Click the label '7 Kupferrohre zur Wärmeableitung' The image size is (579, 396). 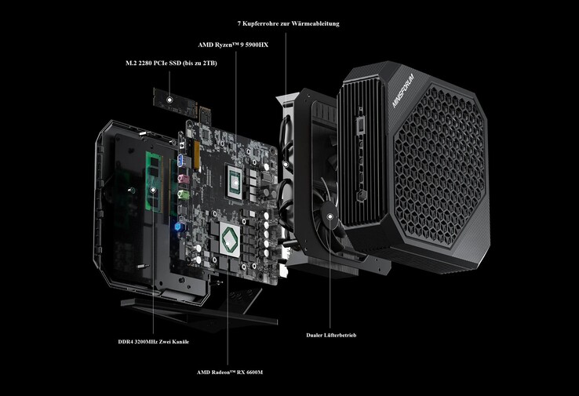[x=288, y=24]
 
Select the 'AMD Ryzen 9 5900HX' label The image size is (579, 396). [x=233, y=45]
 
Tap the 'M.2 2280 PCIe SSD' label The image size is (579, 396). [x=171, y=63]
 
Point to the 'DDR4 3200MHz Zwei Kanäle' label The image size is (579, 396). [x=153, y=342]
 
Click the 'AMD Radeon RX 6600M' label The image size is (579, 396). [x=230, y=372]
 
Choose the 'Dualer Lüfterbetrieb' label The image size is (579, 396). [x=331, y=335]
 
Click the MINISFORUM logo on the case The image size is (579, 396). [x=402, y=91]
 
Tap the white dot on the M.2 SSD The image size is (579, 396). [x=169, y=100]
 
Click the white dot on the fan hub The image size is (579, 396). [x=330, y=216]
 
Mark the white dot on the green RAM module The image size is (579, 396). [x=153, y=190]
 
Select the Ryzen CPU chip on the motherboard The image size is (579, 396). [x=235, y=182]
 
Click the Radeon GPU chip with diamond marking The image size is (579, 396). [x=229, y=240]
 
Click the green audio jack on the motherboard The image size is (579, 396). [x=183, y=194]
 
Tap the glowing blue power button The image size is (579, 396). [x=180, y=227]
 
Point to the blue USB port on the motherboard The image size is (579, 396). [x=180, y=161]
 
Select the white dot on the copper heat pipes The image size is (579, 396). [x=286, y=164]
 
